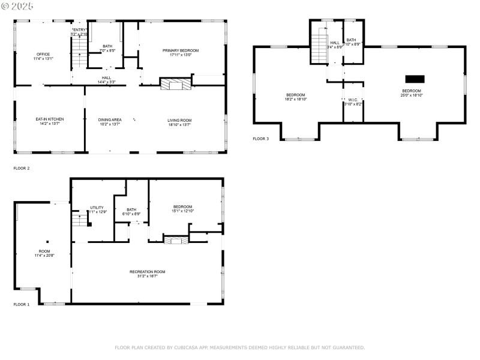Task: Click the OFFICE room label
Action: click(x=43, y=54)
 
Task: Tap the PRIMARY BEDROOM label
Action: click(x=180, y=50)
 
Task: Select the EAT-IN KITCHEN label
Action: click(x=49, y=119)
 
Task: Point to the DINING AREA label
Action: click(x=110, y=120)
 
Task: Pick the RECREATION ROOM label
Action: click(x=147, y=272)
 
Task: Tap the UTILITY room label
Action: click(x=97, y=208)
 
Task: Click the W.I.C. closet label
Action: click(x=353, y=100)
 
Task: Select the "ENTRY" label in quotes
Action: click(x=79, y=29)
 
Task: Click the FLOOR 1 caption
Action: click(x=21, y=305)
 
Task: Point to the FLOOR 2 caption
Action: click(x=21, y=169)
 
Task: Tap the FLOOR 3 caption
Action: click(x=260, y=139)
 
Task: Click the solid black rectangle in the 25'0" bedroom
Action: click(x=415, y=79)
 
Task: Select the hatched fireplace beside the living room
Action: click(x=175, y=84)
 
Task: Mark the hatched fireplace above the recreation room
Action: click(x=176, y=240)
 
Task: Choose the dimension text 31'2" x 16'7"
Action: click(x=147, y=277)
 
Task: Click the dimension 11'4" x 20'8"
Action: click(x=44, y=256)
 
